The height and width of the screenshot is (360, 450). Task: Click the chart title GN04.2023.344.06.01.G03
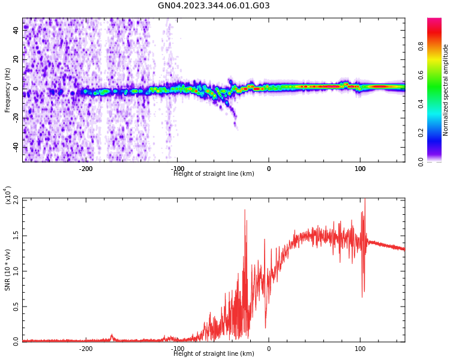coord(214,6)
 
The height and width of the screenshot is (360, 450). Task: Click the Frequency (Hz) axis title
coord(8,90)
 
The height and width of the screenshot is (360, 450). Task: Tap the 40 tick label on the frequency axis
coord(16,30)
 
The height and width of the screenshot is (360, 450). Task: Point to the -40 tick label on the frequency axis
coord(16,147)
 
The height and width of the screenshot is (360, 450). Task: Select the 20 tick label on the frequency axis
coord(16,59)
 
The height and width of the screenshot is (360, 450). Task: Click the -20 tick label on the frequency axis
coord(16,118)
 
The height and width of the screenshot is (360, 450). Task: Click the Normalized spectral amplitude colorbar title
coord(446,90)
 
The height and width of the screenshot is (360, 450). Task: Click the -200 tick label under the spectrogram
coord(86,169)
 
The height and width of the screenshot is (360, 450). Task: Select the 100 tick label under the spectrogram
coord(360,169)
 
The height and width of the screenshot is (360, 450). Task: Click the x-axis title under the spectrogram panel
coord(214,174)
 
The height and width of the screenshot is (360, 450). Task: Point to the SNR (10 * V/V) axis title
coord(8,270)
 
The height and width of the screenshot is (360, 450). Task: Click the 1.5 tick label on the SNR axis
coord(16,235)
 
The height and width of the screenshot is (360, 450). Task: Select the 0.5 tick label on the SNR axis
coord(16,306)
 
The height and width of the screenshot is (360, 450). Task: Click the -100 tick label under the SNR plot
coord(178,349)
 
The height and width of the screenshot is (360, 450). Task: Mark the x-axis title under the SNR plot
coord(214,354)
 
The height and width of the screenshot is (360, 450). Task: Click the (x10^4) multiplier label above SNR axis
coord(8,196)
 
